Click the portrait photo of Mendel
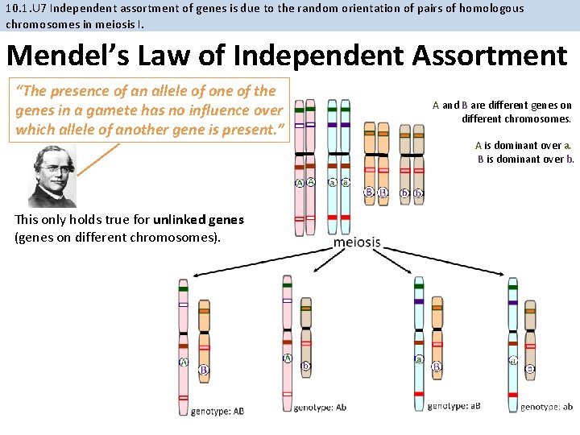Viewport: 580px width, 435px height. tap(52, 176)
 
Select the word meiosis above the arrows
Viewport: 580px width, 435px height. tap(357, 242)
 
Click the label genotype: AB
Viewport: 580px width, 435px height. tap(217, 411)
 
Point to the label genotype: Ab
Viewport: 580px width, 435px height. tap(320, 408)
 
